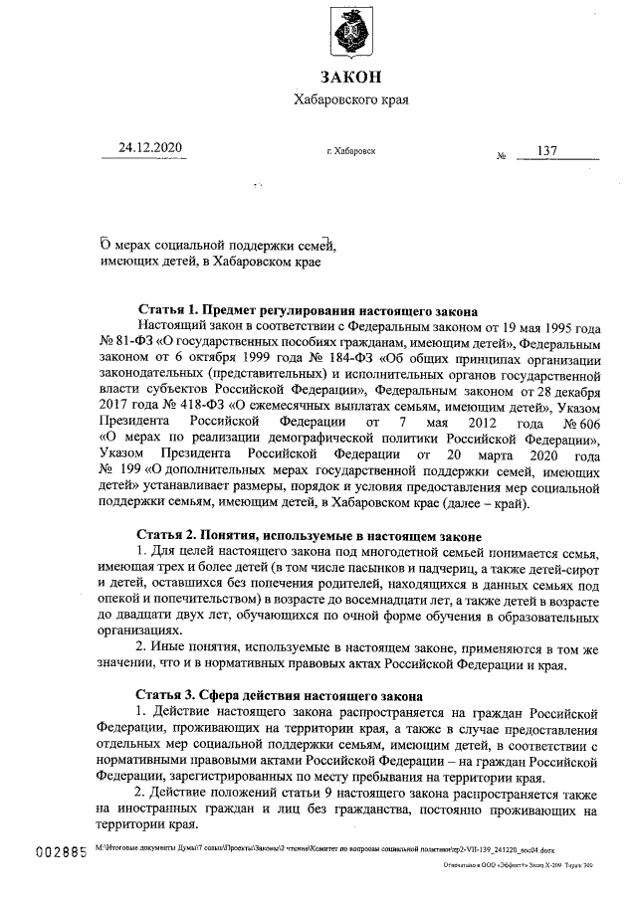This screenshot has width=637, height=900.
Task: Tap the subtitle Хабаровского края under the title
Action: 350,99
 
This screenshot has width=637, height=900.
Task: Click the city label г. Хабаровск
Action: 350,151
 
